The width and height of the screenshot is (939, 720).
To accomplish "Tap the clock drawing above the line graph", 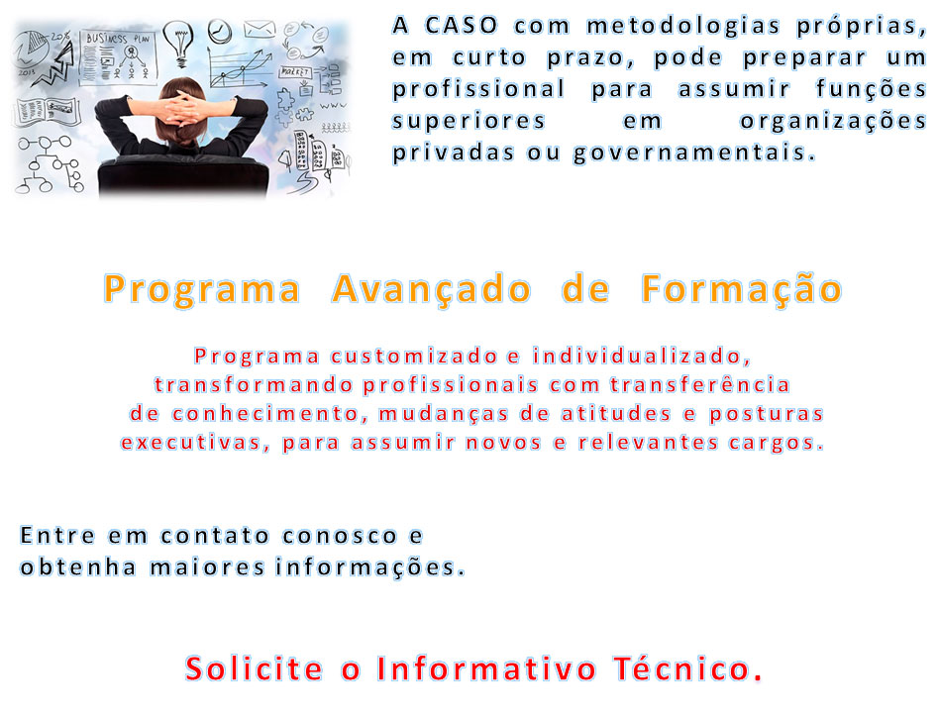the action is pos(220,31).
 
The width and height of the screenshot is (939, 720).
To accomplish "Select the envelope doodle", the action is pos(260,29).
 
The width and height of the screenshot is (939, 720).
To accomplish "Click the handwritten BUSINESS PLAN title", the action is pos(118,39).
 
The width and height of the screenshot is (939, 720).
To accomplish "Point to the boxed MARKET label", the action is pos(294,72).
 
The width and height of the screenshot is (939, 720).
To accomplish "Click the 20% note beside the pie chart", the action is pos(59,36).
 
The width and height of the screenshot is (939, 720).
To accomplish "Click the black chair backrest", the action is pos(182,175).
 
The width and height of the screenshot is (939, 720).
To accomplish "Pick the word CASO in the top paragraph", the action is pos(462,25).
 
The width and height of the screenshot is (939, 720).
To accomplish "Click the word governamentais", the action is pos(694,153).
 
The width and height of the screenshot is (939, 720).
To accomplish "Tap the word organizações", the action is pos(833,121).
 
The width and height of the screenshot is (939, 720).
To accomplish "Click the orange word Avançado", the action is pos(431,289).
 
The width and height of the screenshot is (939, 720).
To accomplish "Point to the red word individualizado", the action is pos(642,356).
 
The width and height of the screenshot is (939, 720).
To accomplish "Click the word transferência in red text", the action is pos(700,384).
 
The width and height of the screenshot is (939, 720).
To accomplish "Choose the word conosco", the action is pos(340,536).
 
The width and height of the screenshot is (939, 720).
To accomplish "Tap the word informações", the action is pos(369,566).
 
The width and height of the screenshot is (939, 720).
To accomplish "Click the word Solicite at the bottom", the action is pos(254,669).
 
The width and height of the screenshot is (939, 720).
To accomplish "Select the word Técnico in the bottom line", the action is pos(688,668).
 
